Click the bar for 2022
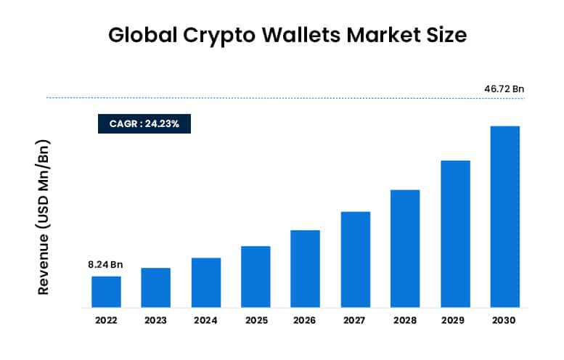[x=106, y=291]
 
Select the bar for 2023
[x=156, y=287]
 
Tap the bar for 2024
[x=206, y=282]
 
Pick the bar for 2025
[x=256, y=277]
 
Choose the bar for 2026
[x=306, y=269]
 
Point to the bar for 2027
[x=356, y=259]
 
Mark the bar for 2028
[x=405, y=248]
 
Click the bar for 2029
[x=455, y=234]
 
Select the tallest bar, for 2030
[x=505, y=216]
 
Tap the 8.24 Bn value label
[x=105, y=265]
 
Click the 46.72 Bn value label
[x=504, y=89]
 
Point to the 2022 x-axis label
[x=106, y=320]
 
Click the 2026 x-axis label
[x=306, y=320]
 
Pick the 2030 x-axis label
[x=505, y=320]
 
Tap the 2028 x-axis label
[x=405, y=320]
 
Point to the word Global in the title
[x=135, y=33]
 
